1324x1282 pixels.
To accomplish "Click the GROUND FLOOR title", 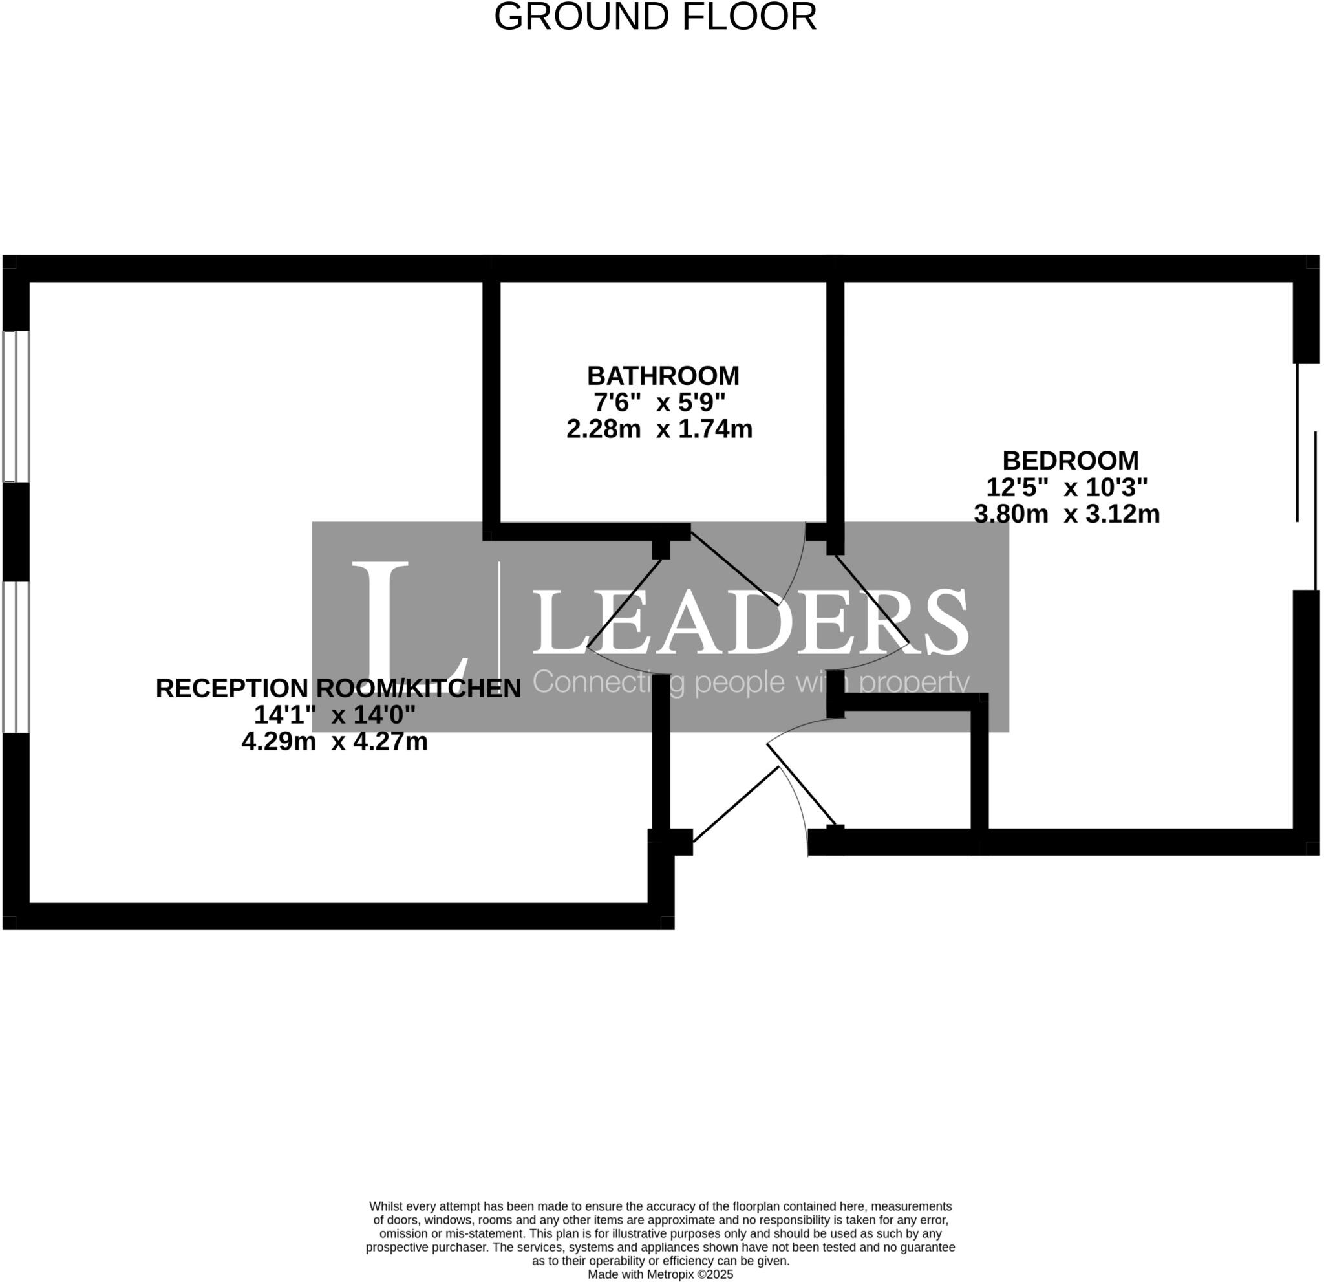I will tap(656, 17).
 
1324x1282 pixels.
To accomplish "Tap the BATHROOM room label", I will tap(663, 376).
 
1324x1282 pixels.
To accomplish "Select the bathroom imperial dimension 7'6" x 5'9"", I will tap(659, 403).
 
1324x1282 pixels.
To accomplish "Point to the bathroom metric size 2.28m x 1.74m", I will tap(659, 429).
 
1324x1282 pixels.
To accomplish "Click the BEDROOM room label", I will tap(1070, 461).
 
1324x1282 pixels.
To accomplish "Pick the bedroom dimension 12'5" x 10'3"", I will tap(1067, 487).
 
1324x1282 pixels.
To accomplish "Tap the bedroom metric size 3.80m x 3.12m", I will tap(1067, 514).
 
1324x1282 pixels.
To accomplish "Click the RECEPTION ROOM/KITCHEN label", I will tap(337, 688).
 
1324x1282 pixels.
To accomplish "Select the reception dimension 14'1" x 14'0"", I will tap(334, 715).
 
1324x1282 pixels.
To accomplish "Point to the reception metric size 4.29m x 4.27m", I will tap(334, 742).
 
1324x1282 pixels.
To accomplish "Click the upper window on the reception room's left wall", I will tap(16, 406).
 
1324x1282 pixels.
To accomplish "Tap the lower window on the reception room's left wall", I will tap(16, 658).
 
